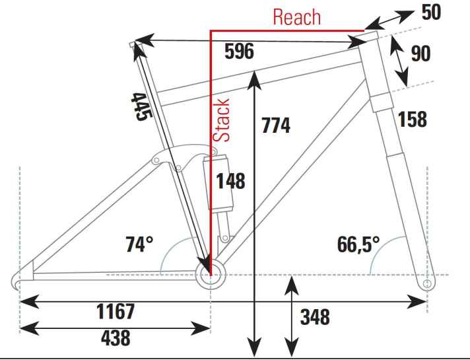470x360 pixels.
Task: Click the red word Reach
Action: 297,17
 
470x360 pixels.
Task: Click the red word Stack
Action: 221,120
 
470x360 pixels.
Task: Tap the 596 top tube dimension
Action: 239,51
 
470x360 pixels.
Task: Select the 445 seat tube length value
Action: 142,107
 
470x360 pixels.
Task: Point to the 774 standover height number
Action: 276,126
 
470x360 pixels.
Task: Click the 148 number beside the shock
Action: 230,181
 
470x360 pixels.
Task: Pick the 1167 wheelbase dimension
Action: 116,311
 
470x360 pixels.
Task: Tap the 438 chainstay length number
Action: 116,338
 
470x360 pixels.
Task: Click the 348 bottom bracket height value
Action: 315,317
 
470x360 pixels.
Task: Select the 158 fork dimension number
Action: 412,119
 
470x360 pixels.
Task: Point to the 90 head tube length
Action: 420,54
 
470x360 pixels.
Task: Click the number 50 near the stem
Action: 431,13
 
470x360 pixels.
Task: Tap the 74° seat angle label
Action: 139,244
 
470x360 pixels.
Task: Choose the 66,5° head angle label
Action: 358,244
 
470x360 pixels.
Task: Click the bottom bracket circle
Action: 211,275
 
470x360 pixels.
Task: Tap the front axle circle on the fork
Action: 428,284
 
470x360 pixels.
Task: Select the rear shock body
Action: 218,183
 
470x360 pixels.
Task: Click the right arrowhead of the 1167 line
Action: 417,301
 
